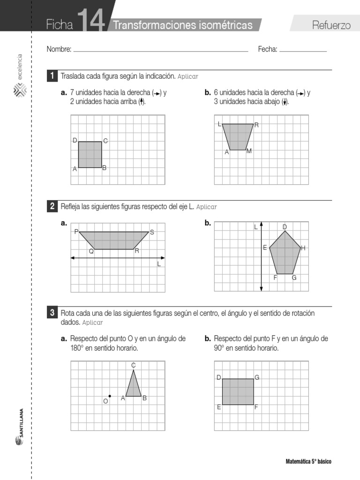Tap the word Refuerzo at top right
coord(331,25)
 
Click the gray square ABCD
coord(90,154)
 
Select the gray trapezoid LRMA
coord(238,136)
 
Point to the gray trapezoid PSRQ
coord(114,240)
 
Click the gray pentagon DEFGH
coord(284,254)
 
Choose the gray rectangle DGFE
coord(238,391)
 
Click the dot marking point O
coord(110,396)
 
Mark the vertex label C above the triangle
coord(133,365)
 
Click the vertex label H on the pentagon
coord(303,248)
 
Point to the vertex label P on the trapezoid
coord(75,232)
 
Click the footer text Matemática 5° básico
coord(308,462)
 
